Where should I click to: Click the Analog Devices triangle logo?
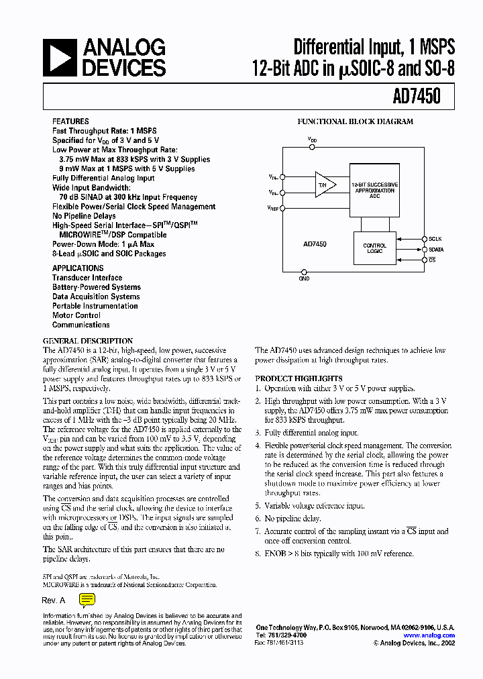[x=60, y=57]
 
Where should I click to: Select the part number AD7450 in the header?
[x=417, y=97]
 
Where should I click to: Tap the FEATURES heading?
[x=70, y=122]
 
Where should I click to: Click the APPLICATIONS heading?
[x=78, y=268]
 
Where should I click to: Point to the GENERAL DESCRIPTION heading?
[x=88, y=341]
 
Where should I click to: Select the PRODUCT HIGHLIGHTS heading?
[x=299, y=378]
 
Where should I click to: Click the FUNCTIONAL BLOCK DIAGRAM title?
[x=355, y=122]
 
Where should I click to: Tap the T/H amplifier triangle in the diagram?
[x=324, y=185]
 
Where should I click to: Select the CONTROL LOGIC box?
[x=374, y=248]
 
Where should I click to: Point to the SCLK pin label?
[x=435, y=238]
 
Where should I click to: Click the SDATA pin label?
[x=437, y=249]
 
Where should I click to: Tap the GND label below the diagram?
[x=304, y=278]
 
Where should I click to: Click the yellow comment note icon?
[x=87, y=600]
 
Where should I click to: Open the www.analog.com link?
[x=429, y=635]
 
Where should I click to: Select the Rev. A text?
[x=54, y=600]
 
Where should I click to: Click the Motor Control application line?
[x=76, y=315]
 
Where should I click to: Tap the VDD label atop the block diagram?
[x=313, y=140]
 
